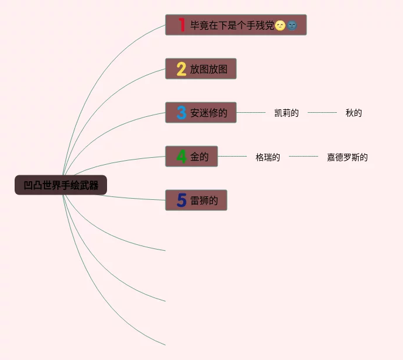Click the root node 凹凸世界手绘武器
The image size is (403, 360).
(x=61, y=185)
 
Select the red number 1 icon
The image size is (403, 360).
(x=181, y=25)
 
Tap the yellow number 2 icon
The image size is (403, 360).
(x=181, y=69)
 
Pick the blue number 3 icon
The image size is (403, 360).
(x=181, y=113)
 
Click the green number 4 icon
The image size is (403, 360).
(x=181, y=157)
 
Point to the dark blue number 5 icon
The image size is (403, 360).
(x=181, y=200)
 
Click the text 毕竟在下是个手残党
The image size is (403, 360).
(x=232, y=25)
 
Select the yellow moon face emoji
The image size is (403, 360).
(x=280, y=25)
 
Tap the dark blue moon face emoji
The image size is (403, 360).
(x=292, y=25)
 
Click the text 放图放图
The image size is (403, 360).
(x=208, y=69)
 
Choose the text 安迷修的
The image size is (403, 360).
(x=208, y=113)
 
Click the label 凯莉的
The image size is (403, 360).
(x=287, y=113)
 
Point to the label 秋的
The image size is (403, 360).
(x=353, y=113)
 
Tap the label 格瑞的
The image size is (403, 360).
(x=268, y=157)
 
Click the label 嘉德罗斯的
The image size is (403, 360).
(x=347, y=157)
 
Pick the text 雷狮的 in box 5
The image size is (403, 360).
(x=204, y=200)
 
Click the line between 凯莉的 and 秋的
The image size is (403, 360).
(x=322, y=112)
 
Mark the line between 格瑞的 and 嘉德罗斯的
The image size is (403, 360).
(x=304, y=157)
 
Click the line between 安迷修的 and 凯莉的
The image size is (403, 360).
(x=251, y=112)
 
